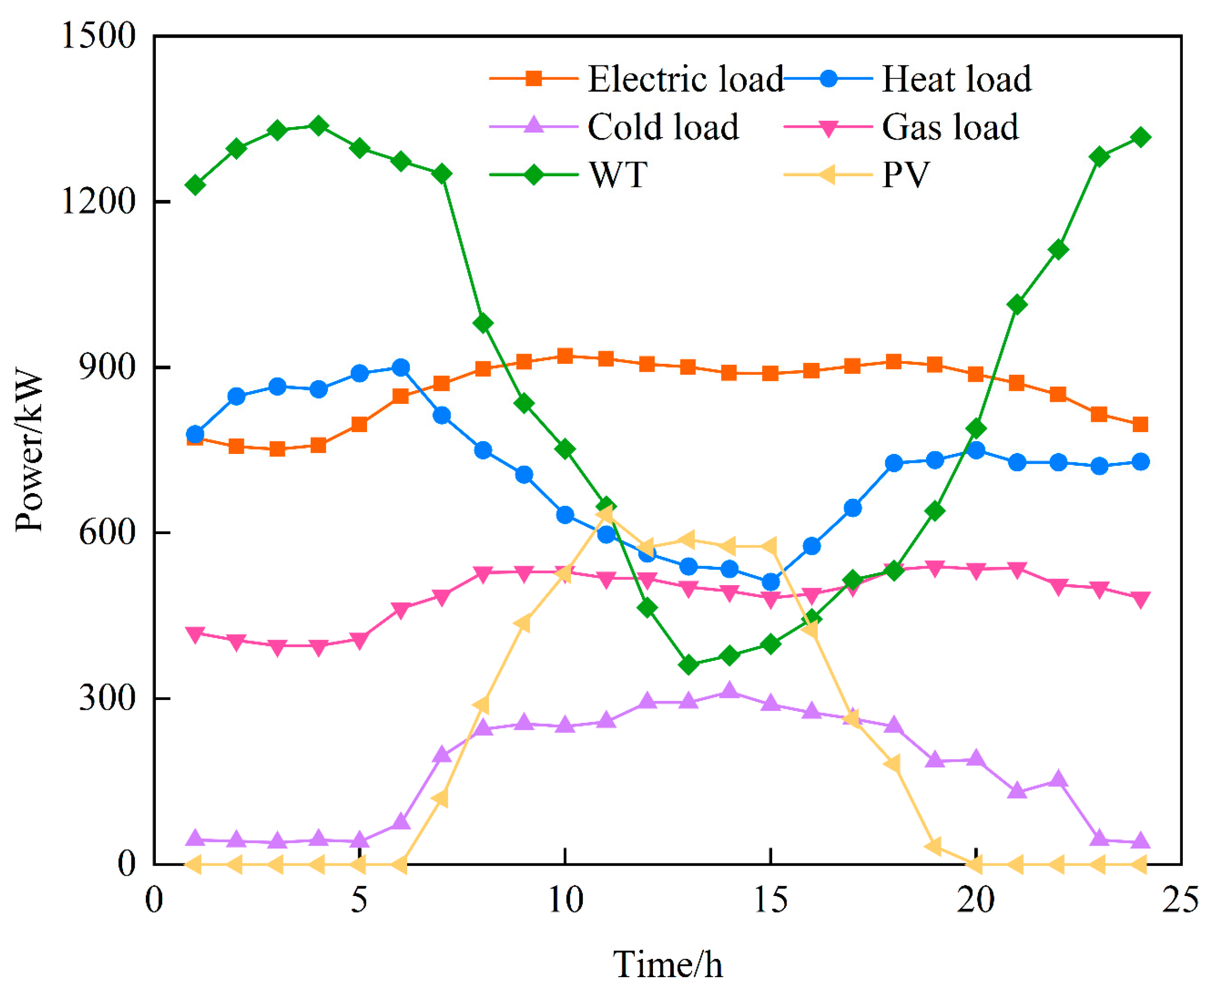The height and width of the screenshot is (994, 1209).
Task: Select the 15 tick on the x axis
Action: [x=770, y=899]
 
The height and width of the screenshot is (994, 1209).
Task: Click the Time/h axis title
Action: [x=667, y=964]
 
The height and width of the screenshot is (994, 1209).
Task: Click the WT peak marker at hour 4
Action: [x=318, y=125]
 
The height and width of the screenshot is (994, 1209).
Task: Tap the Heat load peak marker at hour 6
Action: [x=401, y=367]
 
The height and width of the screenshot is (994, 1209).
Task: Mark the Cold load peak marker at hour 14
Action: [x=729, y=691]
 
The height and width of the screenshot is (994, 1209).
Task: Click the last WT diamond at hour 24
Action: [x=1140, y=138]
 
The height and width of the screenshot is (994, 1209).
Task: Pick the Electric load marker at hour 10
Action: [x=565, y=356]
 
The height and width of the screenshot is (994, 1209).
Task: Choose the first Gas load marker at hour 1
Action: [x=195, y=634]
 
